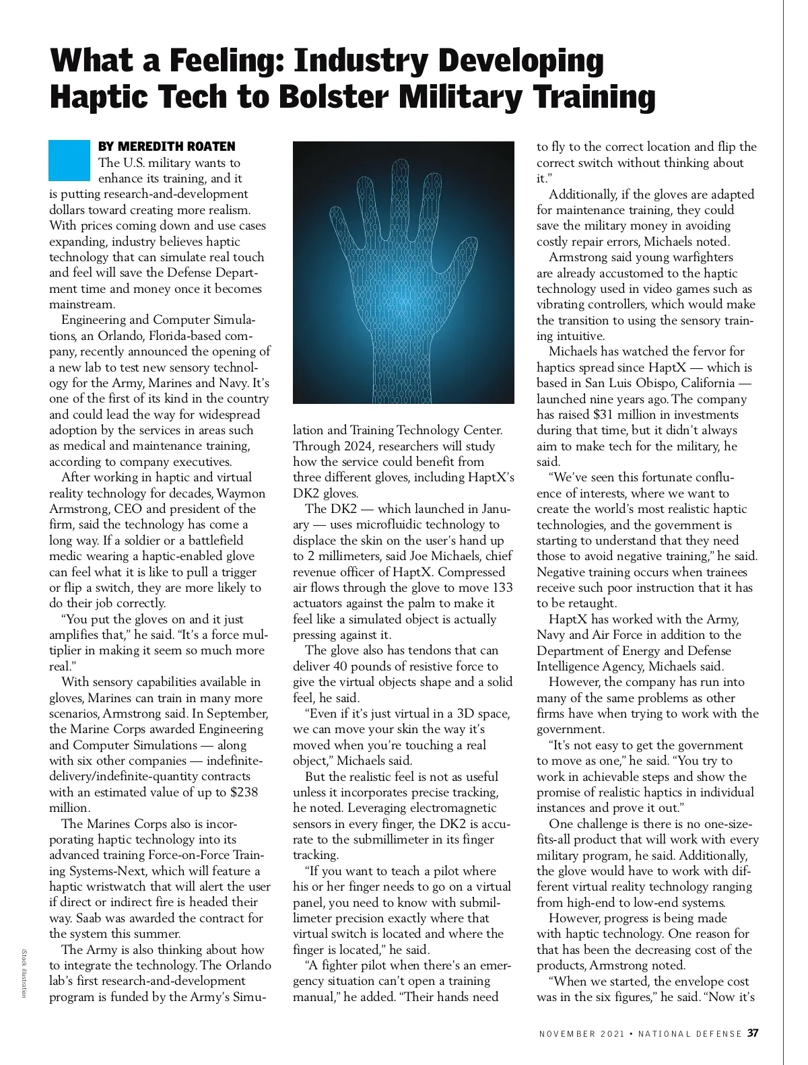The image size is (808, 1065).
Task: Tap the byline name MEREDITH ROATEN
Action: point(177,146)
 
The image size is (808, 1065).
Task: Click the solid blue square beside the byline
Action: point(69,160)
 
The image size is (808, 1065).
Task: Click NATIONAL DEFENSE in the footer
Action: point(689,1034)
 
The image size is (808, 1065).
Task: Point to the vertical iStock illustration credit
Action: point(24,973)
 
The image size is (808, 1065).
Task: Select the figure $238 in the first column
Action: point(244,792)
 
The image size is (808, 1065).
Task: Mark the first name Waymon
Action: point(241,493)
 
